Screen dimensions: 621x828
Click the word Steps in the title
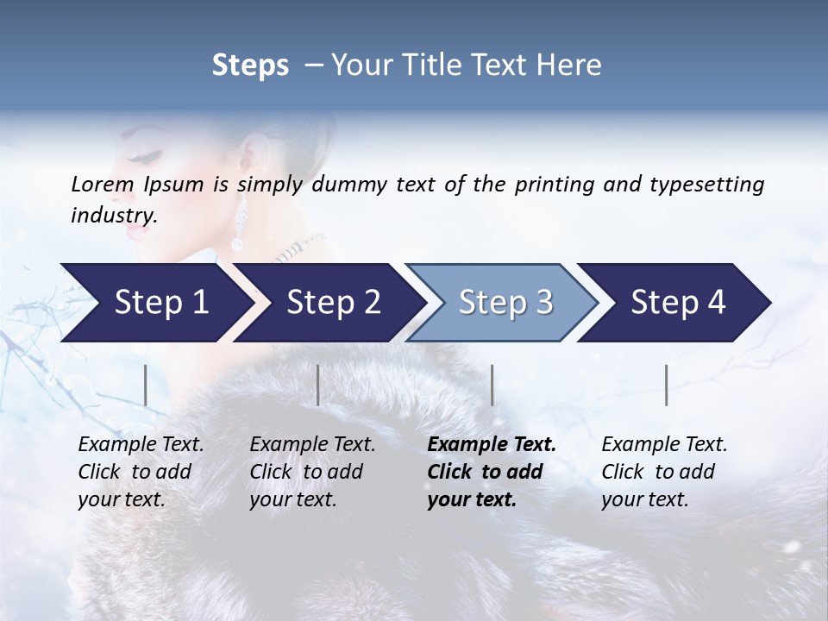[250, 65]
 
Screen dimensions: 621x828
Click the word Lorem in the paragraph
[103, 184]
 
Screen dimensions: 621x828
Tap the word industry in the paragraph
[113, 215]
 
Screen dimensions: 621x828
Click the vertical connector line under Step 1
[145, 385]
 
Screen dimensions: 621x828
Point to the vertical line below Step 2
[318, 385]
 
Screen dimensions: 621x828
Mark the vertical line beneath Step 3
[492, 385]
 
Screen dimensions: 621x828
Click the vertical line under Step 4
[666, 385]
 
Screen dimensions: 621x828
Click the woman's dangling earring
[239, 223]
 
